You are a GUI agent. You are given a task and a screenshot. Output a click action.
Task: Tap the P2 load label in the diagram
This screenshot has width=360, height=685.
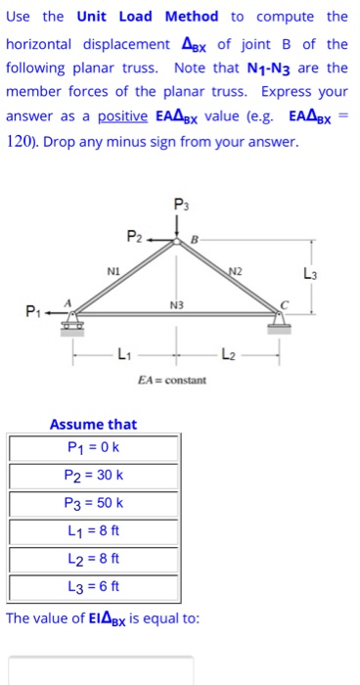[134, 236]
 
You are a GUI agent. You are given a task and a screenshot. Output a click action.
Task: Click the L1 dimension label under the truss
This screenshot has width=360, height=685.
[122, 352]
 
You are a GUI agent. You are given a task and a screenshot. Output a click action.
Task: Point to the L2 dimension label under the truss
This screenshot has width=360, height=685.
[229, 352]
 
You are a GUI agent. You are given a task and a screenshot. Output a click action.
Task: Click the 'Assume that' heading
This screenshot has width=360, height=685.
[94, 424]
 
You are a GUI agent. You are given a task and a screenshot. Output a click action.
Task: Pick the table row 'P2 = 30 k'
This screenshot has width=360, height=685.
[94, 477]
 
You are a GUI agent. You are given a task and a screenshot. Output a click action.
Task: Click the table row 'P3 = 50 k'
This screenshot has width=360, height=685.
[94, 505]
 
